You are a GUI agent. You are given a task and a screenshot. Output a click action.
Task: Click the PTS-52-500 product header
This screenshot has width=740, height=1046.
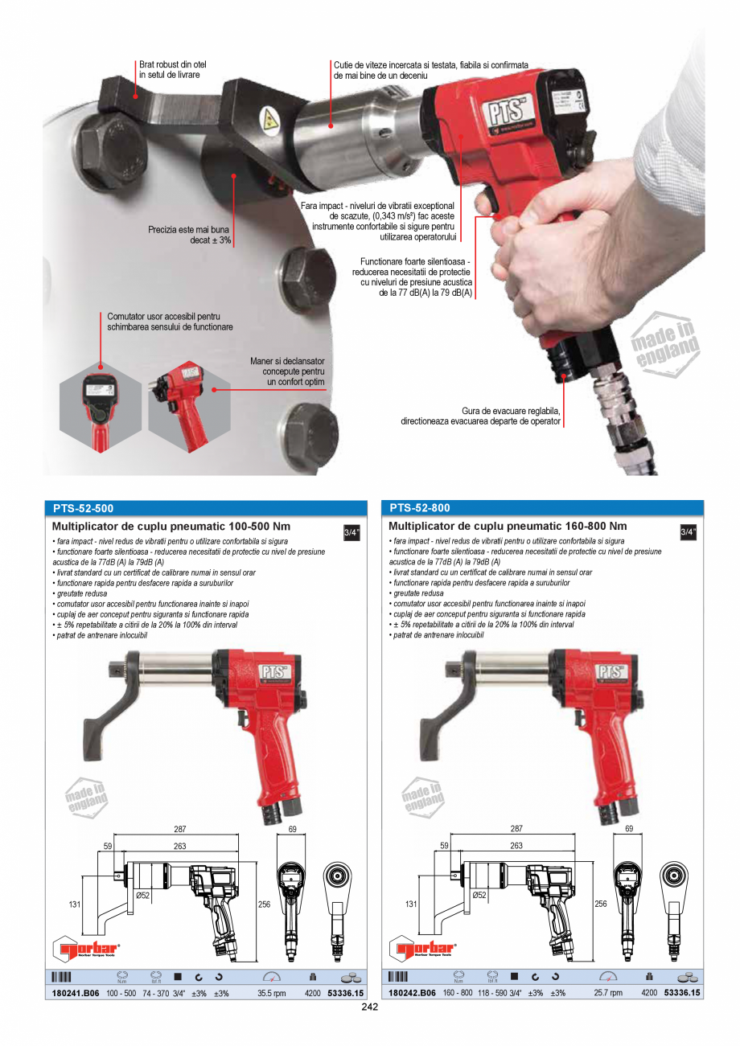tap(83, 508)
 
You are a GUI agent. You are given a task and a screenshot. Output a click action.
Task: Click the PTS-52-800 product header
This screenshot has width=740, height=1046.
tap(420, 508)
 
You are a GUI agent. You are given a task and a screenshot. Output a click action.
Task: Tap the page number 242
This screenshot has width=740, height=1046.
tap(370, 1007)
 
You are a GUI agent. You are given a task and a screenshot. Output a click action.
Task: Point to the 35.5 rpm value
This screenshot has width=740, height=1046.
tap(272, 994)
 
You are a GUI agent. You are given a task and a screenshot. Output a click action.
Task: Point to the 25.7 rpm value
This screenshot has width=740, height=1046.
tap(608, 994)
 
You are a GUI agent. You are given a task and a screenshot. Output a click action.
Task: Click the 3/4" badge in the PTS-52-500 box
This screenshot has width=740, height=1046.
tap(352, 532)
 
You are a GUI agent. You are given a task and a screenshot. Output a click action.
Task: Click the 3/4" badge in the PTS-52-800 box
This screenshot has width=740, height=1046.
tap(689, 532)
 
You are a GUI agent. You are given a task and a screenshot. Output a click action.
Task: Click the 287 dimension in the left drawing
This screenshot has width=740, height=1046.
tap(180, 828)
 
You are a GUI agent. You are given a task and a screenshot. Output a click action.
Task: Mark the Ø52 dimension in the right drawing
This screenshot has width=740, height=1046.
tap(479, 895)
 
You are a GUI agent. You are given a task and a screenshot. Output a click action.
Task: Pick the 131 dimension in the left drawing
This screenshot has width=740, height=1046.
tap(74, 904)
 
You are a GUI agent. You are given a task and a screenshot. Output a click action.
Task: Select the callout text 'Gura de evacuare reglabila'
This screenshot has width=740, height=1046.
tap(511, 410)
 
